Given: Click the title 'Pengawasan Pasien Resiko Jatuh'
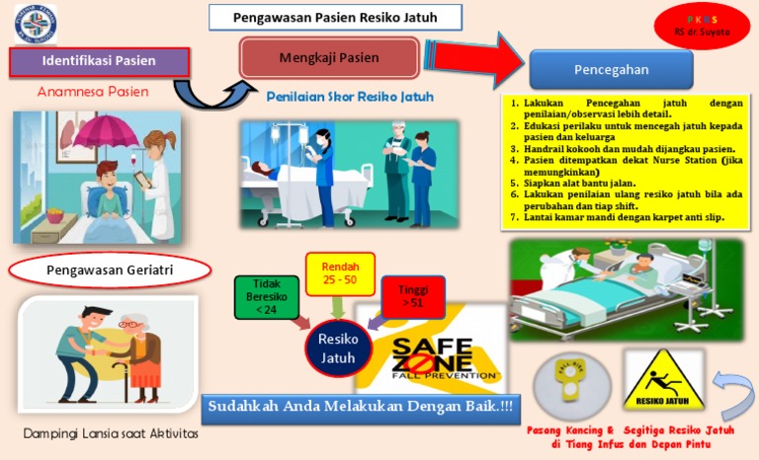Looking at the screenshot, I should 336,18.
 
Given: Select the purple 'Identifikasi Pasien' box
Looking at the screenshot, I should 98,61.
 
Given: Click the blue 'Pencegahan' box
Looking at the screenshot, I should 611,69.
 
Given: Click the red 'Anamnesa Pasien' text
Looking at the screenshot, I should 93,92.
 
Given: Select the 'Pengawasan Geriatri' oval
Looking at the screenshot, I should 110,269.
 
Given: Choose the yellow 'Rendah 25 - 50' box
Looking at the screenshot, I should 340,274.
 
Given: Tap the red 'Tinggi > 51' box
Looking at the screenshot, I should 412,296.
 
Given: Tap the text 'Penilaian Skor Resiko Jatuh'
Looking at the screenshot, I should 350,97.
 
